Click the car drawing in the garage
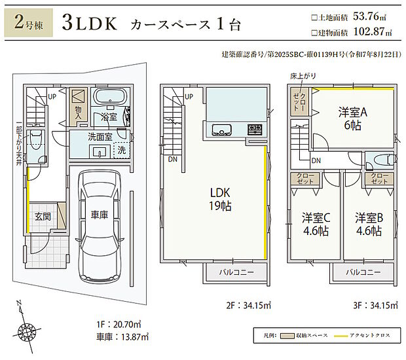point(100,226)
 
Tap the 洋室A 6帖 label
point(352,117)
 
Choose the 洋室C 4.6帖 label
point(314,224)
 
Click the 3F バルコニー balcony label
point(363,272)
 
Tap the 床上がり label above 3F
point(303,77)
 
